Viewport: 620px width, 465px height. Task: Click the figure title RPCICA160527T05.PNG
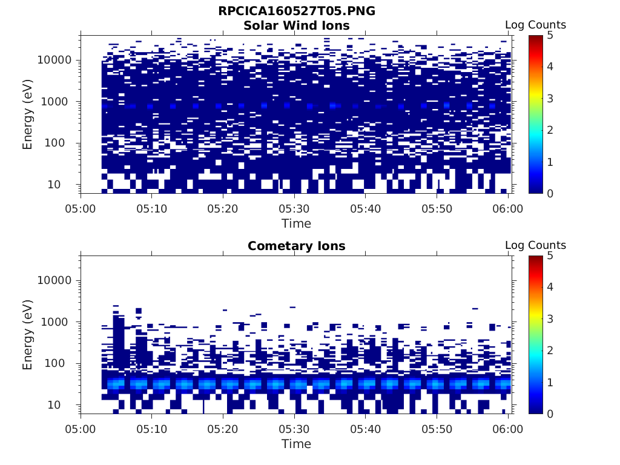coord(296,12)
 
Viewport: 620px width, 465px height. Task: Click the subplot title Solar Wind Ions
coord(296,25)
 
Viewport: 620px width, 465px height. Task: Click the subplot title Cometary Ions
coord(296,246)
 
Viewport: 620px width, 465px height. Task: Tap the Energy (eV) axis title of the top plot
coord(28,114)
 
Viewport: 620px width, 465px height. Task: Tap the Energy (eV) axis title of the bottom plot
coord(28,335)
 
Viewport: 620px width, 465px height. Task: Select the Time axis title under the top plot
coord(296,223)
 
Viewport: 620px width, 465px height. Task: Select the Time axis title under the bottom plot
coord(296,444)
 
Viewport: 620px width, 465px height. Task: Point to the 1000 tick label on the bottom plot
coord(59,322)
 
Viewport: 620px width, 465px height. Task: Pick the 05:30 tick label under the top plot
coord(294,208)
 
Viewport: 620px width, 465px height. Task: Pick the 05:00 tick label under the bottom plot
coord(81,429)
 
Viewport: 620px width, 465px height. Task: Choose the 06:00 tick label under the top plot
coord(508,208)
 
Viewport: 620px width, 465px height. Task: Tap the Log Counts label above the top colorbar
coord(535,25)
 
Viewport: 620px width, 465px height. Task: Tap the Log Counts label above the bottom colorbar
coord(535,245)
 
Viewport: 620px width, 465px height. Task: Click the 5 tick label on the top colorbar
coord(550,35)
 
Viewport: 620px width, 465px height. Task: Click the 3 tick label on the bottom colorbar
coord(550,318)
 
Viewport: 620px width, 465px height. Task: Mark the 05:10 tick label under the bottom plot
coord(152,429)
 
